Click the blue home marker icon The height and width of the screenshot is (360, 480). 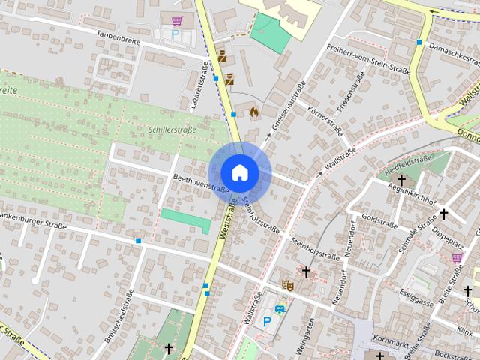coord(238,172)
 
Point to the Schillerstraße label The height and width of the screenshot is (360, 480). coord(172,130)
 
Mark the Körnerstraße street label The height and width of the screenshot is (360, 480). coord(325,120)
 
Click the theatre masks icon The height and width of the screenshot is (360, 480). coord(286,284)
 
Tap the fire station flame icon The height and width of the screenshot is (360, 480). coord(255,112)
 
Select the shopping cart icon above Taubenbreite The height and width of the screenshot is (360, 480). coord(176,21)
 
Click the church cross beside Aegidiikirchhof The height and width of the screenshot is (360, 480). coord(402,180)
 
